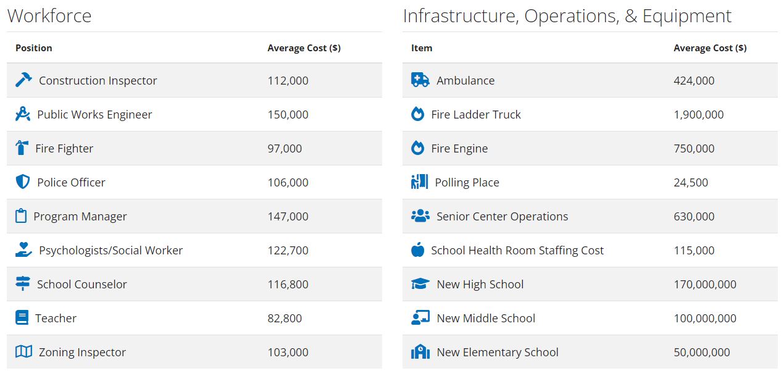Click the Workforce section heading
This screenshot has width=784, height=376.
click(49, 16)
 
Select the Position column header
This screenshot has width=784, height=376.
click(34, 48)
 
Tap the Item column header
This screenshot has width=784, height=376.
click(422, 48)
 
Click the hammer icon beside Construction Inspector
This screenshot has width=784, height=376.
click(23, 80)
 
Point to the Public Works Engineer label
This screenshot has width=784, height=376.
click(94, 115)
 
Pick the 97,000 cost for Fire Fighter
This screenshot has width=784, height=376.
click(285, 149)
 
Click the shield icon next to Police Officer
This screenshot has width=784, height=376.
click(22, 182)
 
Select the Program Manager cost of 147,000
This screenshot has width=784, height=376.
click(288, 217)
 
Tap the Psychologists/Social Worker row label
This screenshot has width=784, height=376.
click(111, 251)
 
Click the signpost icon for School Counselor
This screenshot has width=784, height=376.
click(22, 284)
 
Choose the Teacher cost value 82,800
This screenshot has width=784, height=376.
click(285, 319)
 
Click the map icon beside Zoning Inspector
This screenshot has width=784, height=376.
click(23, 352)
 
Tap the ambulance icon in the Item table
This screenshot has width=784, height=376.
click(420, 80)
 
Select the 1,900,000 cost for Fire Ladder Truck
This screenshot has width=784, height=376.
click(698, 115)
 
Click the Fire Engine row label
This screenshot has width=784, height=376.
click(459, 149)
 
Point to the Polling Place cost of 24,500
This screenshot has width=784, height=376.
click(691, 183)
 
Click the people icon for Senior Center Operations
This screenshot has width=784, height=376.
click(420, 216)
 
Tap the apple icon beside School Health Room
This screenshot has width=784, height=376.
click(418, 250)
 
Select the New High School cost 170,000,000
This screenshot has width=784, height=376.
click(704, 285)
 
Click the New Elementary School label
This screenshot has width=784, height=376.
click(497, 353)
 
